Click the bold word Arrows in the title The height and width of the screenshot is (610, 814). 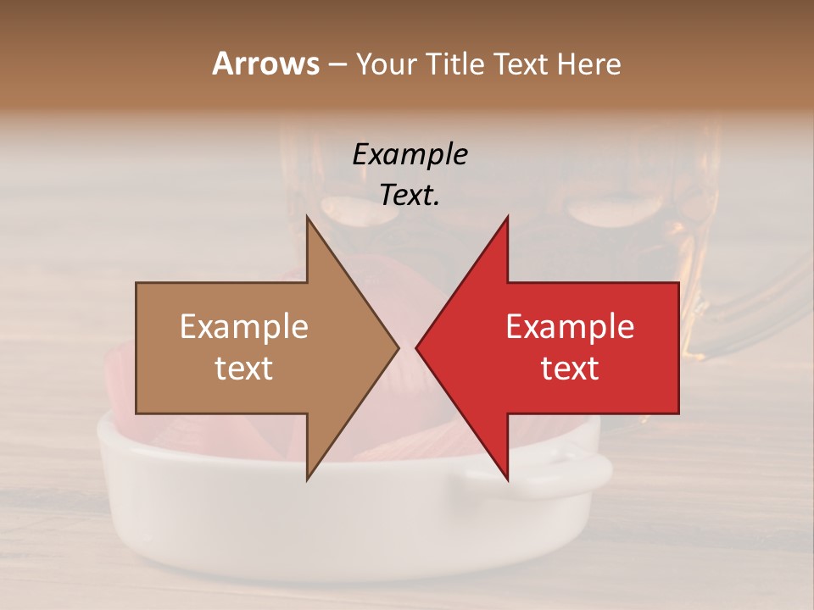[x=266, y=64]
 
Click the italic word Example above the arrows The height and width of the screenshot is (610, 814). [x=410, y=155]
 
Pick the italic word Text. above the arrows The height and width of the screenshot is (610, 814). [x=410, y=196]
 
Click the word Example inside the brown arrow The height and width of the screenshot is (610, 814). [x=244, y=327]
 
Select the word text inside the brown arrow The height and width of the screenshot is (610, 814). [x=244, y=369]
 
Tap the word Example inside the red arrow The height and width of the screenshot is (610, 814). [x=570, y=327]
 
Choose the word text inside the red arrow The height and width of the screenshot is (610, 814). [x=570, y=369]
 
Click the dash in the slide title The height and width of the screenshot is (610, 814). [x=337, y=64]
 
